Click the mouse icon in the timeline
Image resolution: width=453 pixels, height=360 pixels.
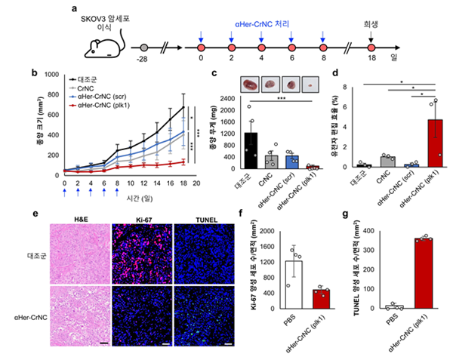101,48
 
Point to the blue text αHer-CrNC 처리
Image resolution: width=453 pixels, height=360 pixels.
263,22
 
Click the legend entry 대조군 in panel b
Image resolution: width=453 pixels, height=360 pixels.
91,78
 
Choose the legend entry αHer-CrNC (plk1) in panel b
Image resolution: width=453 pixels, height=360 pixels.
106,107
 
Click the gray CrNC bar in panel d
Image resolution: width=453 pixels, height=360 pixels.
388,162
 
